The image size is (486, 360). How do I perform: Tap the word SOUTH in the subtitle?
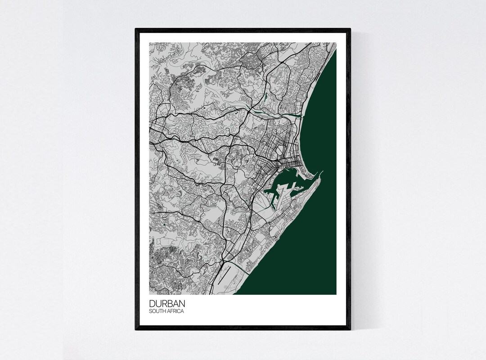(x=157, y=311)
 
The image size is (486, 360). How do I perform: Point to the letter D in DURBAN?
(x=152, y=304)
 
